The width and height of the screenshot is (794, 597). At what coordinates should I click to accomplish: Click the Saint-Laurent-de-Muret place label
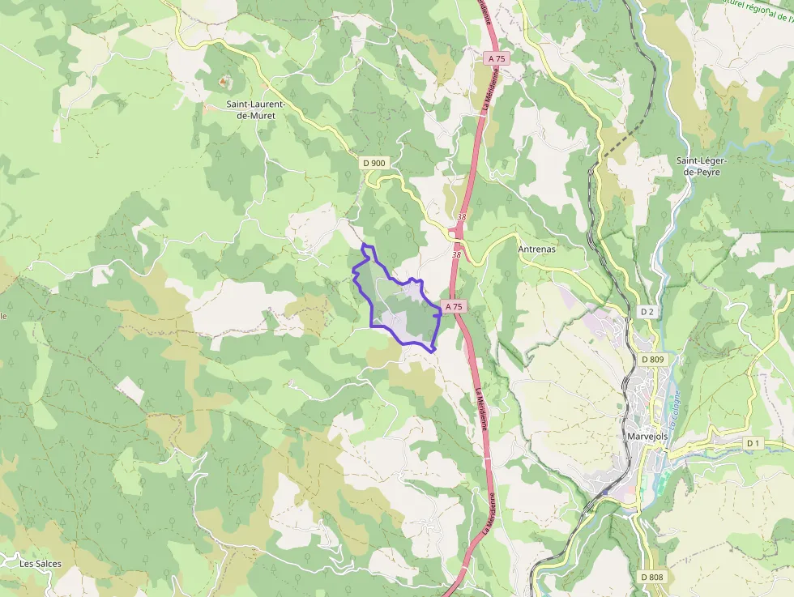pos(250,109)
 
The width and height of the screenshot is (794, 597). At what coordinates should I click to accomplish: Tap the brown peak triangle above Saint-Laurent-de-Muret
pos(224,82)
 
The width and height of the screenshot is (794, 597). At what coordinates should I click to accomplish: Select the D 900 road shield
pos(374,163)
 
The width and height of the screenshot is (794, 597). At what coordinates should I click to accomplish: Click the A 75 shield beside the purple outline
pos(454,306)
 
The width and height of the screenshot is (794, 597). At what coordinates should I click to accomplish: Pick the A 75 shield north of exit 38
pos(497,58)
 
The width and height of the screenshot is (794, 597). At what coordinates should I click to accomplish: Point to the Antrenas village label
pos(536,249)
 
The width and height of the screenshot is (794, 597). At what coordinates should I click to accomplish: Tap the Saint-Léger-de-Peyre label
pos(702,166)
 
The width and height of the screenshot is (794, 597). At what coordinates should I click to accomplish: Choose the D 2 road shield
pos(647,312)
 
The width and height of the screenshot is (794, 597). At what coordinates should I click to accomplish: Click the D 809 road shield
pos(652,360)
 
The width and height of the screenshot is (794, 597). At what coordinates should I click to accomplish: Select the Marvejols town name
pos(647,436)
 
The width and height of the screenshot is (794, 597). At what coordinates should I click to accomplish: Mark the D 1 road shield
pos(753,442)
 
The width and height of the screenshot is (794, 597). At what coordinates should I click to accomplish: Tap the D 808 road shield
pos(651,577)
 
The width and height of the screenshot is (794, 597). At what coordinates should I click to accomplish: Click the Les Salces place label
pos(41,563)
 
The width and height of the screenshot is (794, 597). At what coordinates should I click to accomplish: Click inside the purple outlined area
pos(401,312)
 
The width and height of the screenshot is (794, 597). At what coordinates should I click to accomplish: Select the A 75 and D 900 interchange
pos(457,232)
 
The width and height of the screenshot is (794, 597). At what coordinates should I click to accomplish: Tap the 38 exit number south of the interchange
pos(456,254)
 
